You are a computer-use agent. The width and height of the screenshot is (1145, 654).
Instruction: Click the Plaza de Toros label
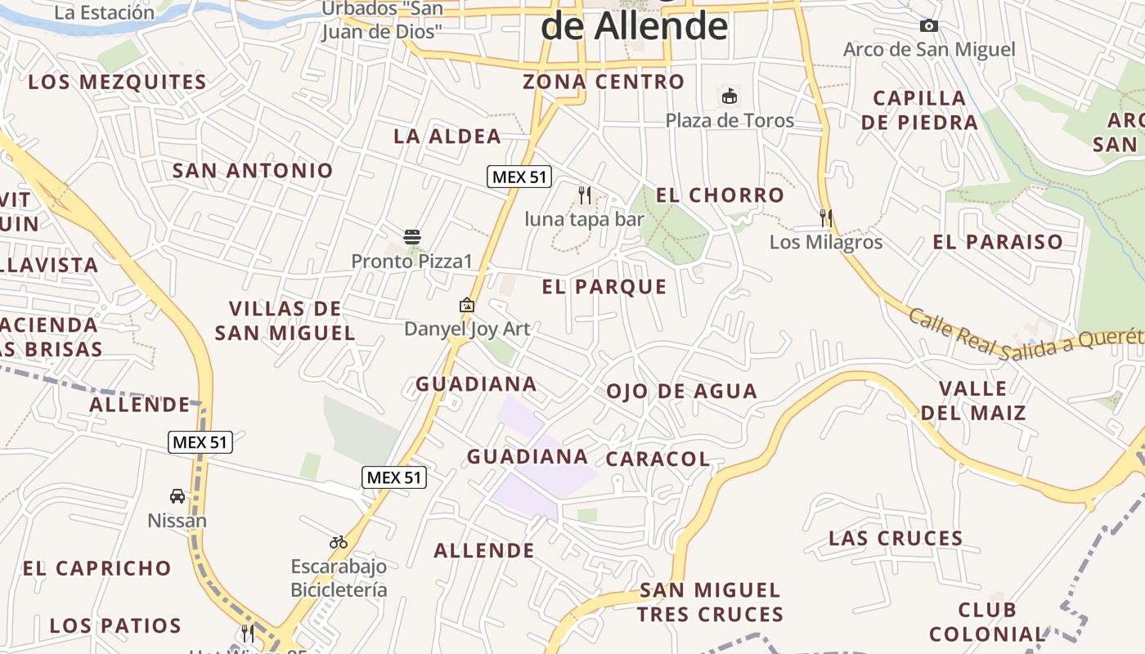coord(729,120)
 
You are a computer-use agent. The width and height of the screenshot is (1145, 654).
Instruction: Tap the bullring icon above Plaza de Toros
coord(729,96)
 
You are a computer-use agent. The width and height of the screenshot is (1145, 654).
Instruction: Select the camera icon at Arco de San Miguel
coord(928,26)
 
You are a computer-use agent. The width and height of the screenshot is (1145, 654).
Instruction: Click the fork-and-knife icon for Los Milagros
coord(826,218)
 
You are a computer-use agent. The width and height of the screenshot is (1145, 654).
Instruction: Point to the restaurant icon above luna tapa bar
coord(584,195)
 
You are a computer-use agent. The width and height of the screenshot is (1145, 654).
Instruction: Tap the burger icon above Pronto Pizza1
coord(412,238)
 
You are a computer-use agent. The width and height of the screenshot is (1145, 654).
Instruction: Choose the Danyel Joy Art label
coord(467,329)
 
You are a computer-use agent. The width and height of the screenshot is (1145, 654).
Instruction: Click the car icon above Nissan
coord(177,496)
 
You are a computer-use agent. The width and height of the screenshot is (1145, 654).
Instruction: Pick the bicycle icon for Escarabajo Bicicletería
coord(339,541)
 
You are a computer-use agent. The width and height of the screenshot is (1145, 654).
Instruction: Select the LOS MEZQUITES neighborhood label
coord(117,82)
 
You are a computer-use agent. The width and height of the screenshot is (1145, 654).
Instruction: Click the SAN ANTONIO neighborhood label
coord(253,170)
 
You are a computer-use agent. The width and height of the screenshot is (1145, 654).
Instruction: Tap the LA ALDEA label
coord(447,136)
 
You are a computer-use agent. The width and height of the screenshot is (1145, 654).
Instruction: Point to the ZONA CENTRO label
coord(604,82)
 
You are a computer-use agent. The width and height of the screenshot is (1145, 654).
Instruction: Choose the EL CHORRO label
coord(720,195)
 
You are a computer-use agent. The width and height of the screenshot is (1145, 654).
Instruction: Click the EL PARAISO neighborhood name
coord(998,241)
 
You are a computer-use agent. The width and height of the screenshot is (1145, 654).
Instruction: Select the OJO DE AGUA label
coord(681,392)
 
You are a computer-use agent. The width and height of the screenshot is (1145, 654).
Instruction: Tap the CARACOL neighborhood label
coord(658,459)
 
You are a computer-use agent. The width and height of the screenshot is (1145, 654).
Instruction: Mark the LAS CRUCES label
coord(896,538)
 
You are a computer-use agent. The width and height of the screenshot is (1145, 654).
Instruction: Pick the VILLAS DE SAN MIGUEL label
coord(285,320)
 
